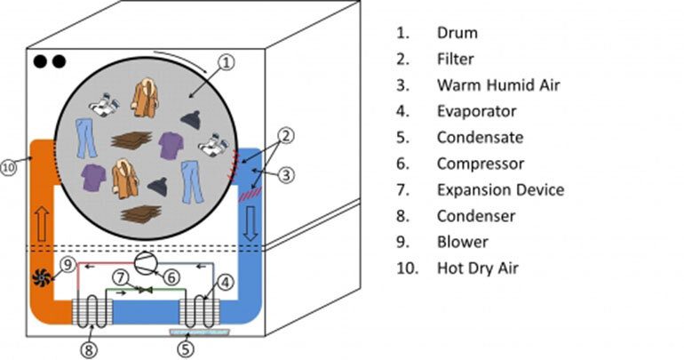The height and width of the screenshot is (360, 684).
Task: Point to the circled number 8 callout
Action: pos(88,348)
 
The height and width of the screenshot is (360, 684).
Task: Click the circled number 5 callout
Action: pos(185,348)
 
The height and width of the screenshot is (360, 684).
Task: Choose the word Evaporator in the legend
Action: pos(476,111)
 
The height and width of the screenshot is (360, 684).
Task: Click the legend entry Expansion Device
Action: pos(500,189)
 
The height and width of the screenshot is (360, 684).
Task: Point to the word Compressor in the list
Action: pos(480,164)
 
